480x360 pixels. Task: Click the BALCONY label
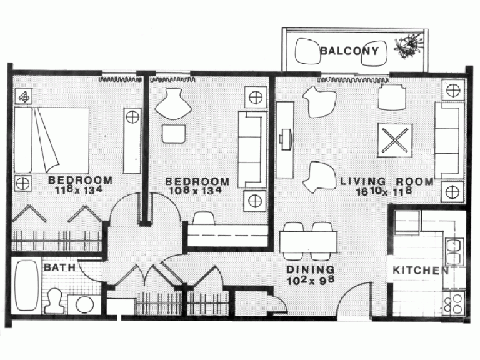[x=349, y=51]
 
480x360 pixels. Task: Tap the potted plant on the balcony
[x=408, y=46]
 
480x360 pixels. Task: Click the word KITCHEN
[x=421, y=270]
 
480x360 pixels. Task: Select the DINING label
[x=311, y=270]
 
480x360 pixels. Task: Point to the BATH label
[x=60, y=267]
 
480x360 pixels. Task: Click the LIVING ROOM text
[x=387, y=181]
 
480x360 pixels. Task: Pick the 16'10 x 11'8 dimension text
[x=384, y=191]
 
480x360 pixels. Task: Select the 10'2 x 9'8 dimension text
[x=311, y=280]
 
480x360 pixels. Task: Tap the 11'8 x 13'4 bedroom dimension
[x=79, y=190]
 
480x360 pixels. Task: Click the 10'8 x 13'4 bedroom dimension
[x=195, y=191]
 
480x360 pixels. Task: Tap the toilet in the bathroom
[x=55, y=302]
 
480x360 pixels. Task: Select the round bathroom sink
[x=85, y=305]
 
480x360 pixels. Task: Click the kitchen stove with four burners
[x=454, y=303]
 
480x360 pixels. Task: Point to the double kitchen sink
[x=454, y=252]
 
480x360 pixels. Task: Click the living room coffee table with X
[x=395, y=141]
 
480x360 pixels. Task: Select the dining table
[x=308, y=241]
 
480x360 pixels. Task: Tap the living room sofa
[x=449, y=141]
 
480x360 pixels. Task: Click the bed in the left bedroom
[x=52, y=141]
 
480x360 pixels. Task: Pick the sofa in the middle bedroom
[x=252, y=149]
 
